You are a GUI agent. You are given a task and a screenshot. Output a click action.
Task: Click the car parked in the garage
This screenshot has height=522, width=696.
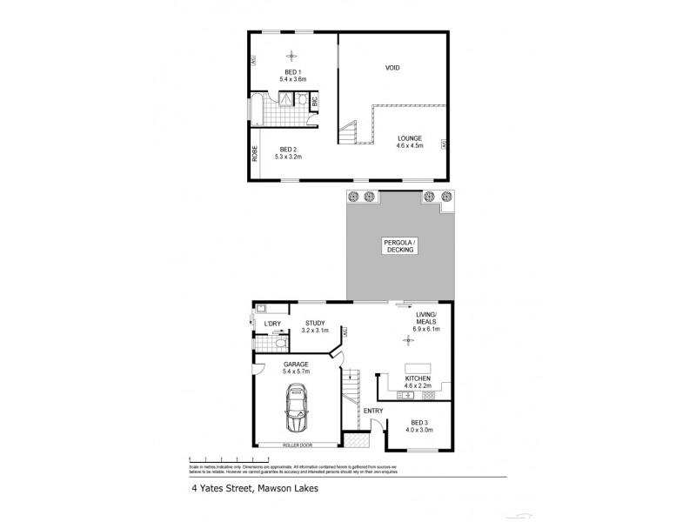coord(297,412)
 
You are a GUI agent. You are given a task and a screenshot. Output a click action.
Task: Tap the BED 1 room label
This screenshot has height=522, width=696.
coord(292,71)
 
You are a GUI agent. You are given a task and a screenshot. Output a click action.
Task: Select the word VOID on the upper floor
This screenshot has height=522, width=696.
coord(391,67)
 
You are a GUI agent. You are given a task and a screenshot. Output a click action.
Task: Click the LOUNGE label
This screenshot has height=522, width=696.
coord(411,137)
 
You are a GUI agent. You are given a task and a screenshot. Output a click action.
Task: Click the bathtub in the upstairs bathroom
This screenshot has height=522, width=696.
coord(258,110)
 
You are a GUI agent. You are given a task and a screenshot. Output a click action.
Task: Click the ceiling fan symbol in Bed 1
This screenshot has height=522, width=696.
coord(292,54)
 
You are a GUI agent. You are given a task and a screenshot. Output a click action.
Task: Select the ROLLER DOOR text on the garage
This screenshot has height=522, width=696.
coord(298,445)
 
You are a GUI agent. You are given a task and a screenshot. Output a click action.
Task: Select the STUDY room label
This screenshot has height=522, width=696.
coord(315,323)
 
